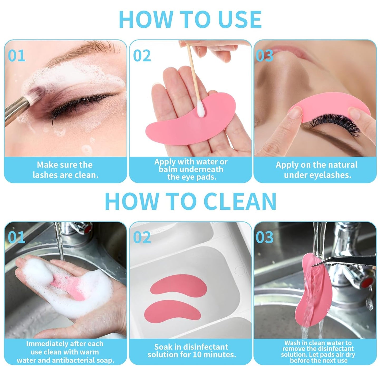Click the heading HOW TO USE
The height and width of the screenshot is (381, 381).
click(190, 20)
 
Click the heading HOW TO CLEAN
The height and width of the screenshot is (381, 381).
click(190, 201)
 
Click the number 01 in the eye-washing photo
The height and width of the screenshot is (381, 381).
click(16, 56)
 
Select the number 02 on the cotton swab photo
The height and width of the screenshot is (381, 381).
click(142, 56)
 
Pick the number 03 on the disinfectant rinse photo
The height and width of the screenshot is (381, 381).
click(264, 238)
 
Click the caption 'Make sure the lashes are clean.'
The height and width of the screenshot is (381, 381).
click(65, 170)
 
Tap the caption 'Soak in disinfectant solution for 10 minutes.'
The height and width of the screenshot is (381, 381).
click(191, 350)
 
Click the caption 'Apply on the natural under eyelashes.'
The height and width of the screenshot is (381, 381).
click(317, 170)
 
